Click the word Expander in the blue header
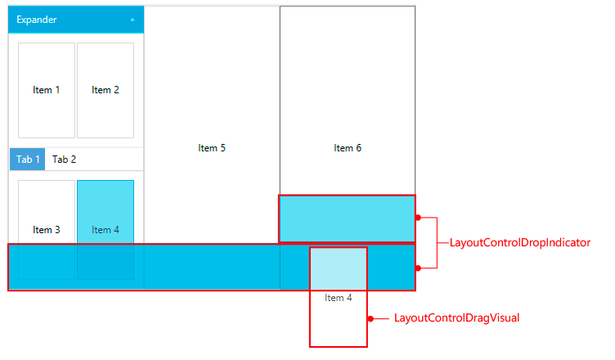pos(37,20)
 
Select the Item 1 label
pos(47,90)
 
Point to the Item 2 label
pos(105,90)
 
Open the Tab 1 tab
pos(27,160)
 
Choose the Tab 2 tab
pos(65,160)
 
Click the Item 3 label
pos(47,230)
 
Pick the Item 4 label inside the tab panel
pos(105,230)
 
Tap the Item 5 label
pos(212,148)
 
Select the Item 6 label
pos(348,148)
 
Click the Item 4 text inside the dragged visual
pos(339,298)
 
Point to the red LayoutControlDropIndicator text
pos(520,243)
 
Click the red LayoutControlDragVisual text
pos(457,318)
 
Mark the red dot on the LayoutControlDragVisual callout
pos(370,318)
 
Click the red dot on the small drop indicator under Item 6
pos(418,218)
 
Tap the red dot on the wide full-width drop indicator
pos(418,268)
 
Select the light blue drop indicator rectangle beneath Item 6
pos(347,219)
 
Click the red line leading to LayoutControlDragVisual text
pos(381,318)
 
